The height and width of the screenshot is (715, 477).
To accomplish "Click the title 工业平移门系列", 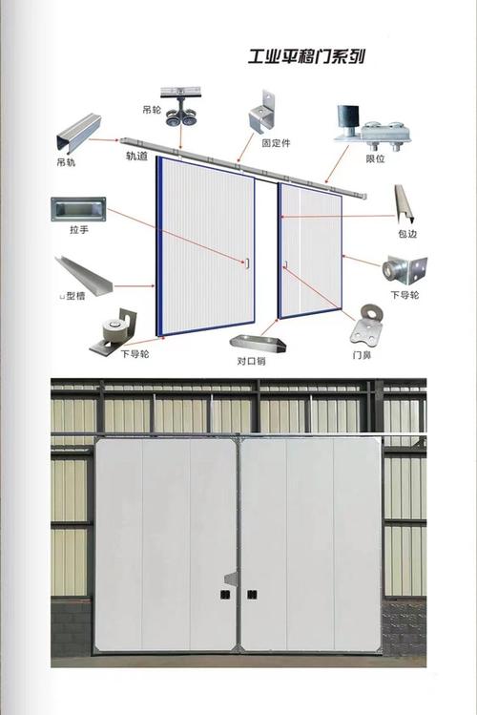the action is click(306, 57).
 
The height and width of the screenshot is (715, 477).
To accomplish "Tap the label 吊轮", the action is click(152, 110).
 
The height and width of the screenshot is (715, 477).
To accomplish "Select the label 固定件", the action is click(276, 143).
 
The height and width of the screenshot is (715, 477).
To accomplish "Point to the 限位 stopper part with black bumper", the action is click(373, 129).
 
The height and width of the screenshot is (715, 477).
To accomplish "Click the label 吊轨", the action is click(66, 162).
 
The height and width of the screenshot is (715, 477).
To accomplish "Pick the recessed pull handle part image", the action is click(78, 209).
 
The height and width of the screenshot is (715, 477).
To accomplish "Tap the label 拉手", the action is click(79, 230).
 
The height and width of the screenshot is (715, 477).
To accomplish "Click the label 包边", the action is click(406, 234).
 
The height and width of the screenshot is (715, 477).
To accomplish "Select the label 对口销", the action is click(251, 361).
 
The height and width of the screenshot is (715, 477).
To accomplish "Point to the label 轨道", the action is click(136, 156).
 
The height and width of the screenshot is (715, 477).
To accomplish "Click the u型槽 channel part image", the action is click(83, 275).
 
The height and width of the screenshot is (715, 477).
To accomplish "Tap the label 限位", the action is click(375, 158).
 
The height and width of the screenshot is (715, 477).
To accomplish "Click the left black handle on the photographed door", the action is click(224, 594).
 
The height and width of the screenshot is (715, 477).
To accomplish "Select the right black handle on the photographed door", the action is click(252, 595).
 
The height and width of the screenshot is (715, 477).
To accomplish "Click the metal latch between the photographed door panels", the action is click(231, 578).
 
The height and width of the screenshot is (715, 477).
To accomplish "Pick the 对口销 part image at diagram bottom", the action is click(258, 343).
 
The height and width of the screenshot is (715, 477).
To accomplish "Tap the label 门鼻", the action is click(362, 355).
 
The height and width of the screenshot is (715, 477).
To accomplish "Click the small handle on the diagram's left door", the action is click(247, 263).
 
